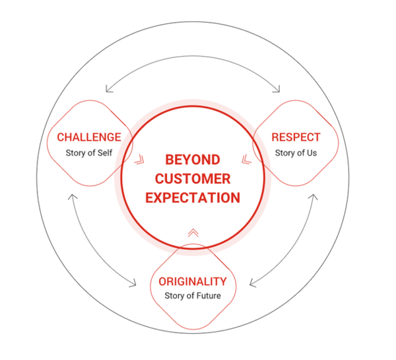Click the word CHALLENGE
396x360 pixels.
pyautogui.click(x=89, y=137)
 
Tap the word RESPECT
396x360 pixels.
pyautogui.click(x=296, y=137)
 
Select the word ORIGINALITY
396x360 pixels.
pyautogui.click(x=193, y=282)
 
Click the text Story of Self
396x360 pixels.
pyautogui.click(x=89, y=153)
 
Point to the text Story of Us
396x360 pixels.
pyautogui.click(x=296, y=153)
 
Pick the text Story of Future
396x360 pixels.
pyautogui.click(x=193, y=295)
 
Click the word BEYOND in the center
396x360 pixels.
pyautogui.click(x=193, y=160)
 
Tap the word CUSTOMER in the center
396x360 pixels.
pyautogui.click(x=193, y=178)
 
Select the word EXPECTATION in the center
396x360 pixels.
pyautogui.click(x=193, y=196)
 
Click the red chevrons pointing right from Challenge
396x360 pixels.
pyautogui.click(x=139, y=159)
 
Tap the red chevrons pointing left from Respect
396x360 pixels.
pyautogui.click(x=246, y=159)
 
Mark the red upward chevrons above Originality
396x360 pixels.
pyautogui.click(x=193, y=232)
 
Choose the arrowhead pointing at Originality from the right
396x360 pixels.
pyautogui.click(x=253, y=284)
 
